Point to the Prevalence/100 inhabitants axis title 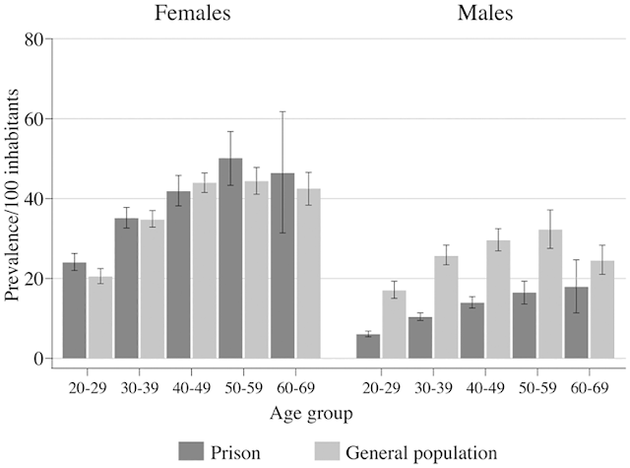click(x=14, y=197)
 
